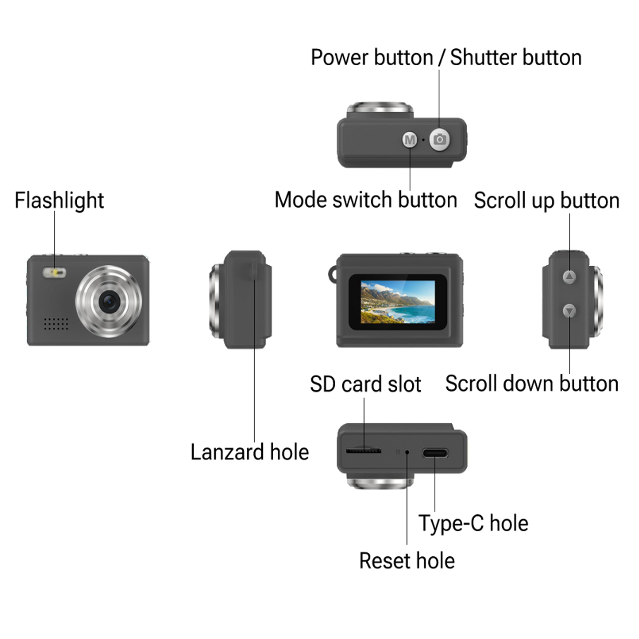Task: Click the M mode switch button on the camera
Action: pos(410,140)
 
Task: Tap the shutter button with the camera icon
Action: pos(439,140)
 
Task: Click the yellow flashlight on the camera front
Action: pos(55,273)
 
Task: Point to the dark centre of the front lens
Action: pos(109,301)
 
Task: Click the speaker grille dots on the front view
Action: pos(56,324)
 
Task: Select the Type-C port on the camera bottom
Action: pos(435,453)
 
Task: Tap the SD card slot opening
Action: pos(364,451)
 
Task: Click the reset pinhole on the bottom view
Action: pos(407,452)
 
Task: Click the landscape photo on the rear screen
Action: pos(398,302)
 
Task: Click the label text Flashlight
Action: pos(59,201)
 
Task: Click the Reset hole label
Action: pos(407,561)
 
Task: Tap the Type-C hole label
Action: pos(474,524)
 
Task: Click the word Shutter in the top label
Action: pos(483,58)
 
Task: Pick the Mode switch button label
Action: pos(366,200)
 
